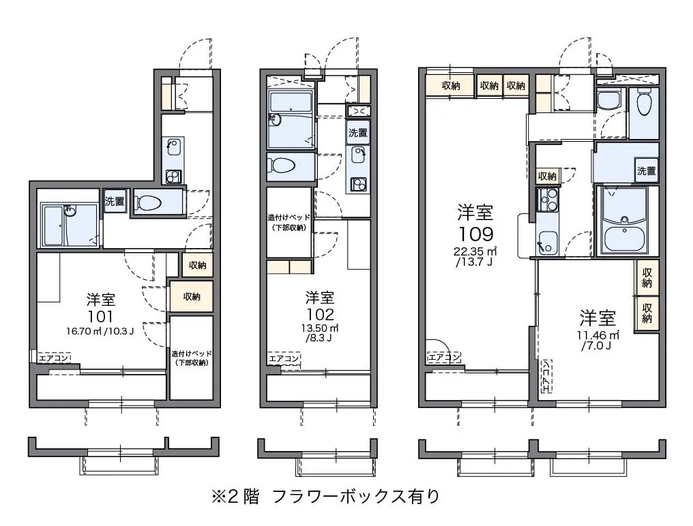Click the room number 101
[x=100, y=316]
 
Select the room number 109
[x=475, y=234]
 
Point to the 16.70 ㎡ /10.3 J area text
[x=100, y=330]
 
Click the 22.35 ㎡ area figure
[x=475, y=251]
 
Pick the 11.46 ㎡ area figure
[x=598, y=335]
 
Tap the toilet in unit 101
[x=149, y=203]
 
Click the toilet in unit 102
[x=283, y=166]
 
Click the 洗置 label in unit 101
[x=115, y=201]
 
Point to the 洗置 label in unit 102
[x=357, y=132]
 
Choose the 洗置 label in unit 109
[x=646, y=170]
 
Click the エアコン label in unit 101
[x=54, y=358]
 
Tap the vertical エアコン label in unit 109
[x=546, y=376]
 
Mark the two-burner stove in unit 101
[x=174, y=176]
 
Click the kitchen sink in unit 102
[x=357, y=155]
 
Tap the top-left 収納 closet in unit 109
[x=451, y=86]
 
